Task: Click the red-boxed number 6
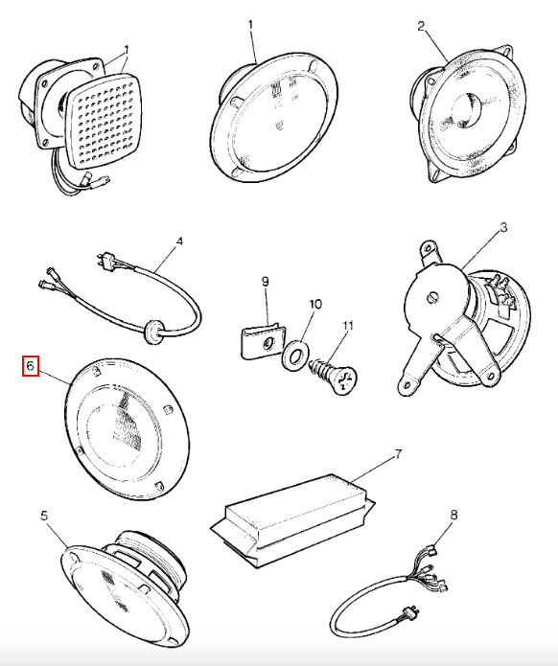30,366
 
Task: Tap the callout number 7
398,454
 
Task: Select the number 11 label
348,326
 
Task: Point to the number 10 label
315,304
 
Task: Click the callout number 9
266,281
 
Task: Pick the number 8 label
453,516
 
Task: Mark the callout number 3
503,228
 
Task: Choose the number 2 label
421,26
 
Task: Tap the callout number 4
179,241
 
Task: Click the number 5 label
44,516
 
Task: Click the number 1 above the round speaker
250,25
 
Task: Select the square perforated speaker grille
105,120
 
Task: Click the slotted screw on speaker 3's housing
431,297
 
